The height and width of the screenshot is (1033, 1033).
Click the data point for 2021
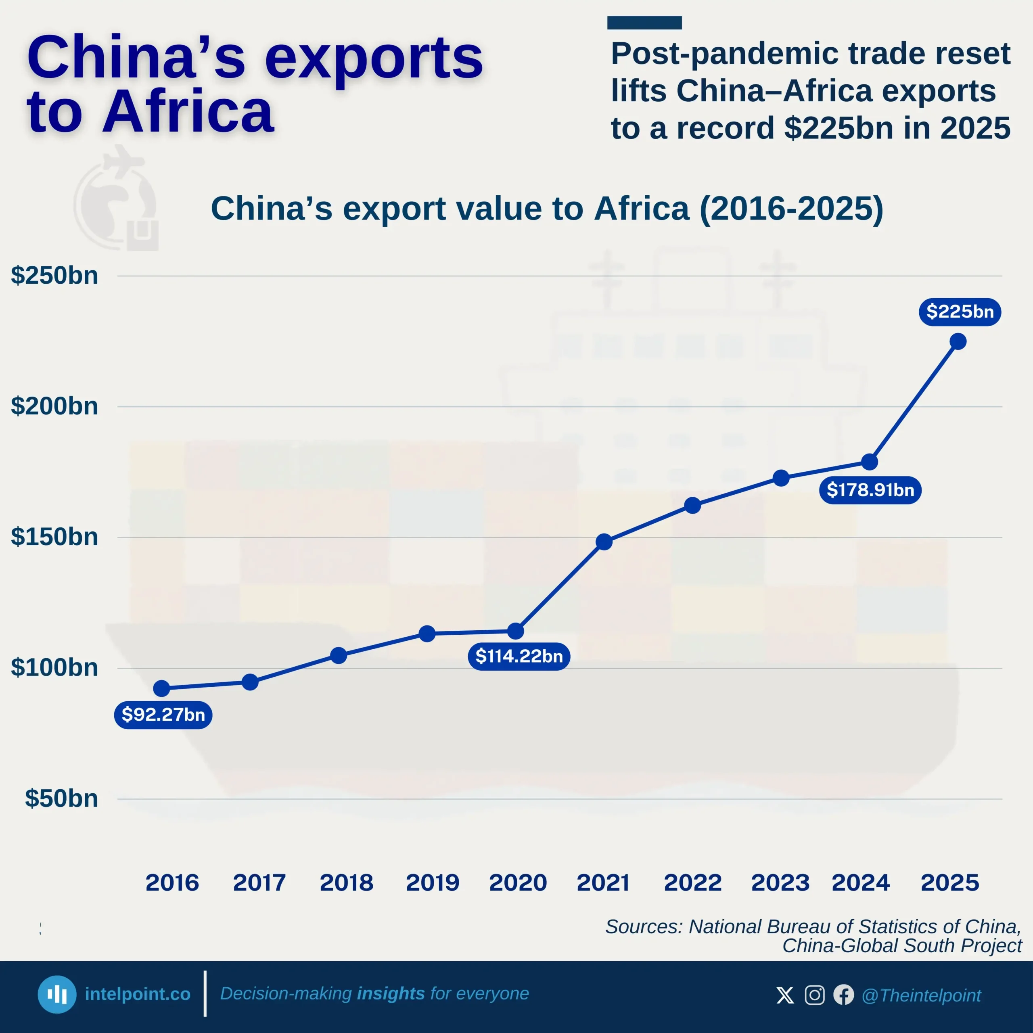click(604, 542)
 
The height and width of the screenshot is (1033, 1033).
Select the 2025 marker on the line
click(958, 341)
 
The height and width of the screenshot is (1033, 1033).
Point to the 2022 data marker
click(692, 505)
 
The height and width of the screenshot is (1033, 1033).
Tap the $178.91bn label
click(870, 490)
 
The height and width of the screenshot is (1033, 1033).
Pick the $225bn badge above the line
click(960, 312)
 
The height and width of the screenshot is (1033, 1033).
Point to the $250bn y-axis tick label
click(54, 275)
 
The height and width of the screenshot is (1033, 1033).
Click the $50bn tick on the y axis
click(61, 798)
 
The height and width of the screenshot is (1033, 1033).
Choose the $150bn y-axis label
click(54, 537)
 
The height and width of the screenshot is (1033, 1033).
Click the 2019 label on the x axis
click(433, 882)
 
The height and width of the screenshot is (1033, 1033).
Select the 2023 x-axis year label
click(780, 882)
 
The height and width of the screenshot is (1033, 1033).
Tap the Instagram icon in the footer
click(814, 995)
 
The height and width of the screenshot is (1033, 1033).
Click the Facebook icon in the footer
click(843, 995)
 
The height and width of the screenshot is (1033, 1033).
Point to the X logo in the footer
click(785, 995)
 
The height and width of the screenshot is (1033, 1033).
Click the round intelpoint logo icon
click(56, 995)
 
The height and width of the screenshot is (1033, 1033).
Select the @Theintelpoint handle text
click(921, 995)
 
